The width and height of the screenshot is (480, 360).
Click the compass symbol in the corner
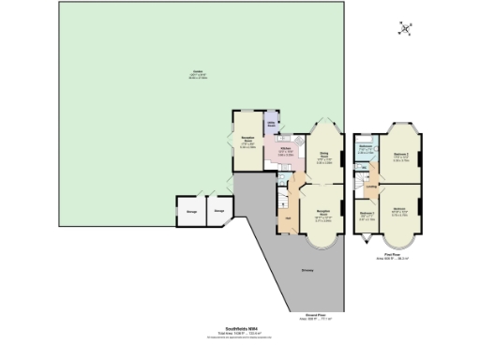click(405, 28)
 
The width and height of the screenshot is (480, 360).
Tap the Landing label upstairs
click(372, 188)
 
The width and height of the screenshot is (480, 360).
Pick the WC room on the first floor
click(365, 169)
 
